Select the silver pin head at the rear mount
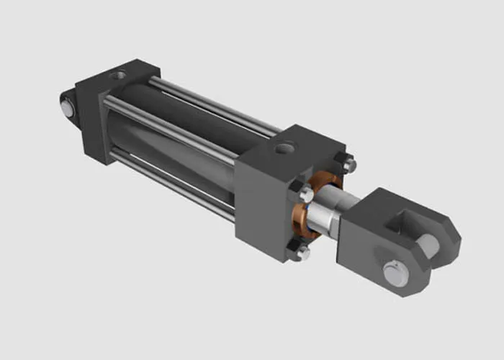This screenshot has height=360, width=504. pos(67,109)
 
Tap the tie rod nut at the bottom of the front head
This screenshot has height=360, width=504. pos(300,252)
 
